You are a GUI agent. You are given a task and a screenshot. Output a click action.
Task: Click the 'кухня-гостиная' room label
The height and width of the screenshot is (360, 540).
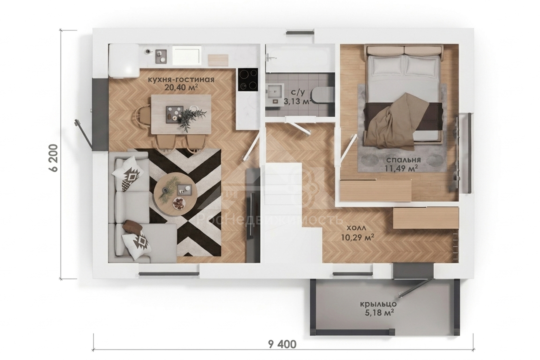[x=181, y=80]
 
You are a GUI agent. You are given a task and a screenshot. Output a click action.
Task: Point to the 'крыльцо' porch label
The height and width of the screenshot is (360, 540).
[x=378, y=304]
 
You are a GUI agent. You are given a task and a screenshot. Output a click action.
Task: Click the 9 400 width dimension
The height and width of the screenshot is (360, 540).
[x=282, y=344]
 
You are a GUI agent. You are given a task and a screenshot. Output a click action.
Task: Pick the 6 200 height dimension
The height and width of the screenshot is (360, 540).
[x=54, y=158]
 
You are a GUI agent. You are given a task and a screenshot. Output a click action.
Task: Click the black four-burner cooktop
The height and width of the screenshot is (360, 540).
[x=248, y=79]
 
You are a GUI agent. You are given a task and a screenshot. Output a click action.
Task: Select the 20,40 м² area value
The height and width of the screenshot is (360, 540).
[x=181, y=87]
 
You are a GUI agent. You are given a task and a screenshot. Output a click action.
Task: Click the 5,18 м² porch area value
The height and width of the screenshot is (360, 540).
[x=378, y=313]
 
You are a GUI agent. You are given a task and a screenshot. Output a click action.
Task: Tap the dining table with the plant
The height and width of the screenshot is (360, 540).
[x=181, y=114]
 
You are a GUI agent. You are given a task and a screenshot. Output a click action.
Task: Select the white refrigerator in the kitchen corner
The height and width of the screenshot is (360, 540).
[x=124, y=61]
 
